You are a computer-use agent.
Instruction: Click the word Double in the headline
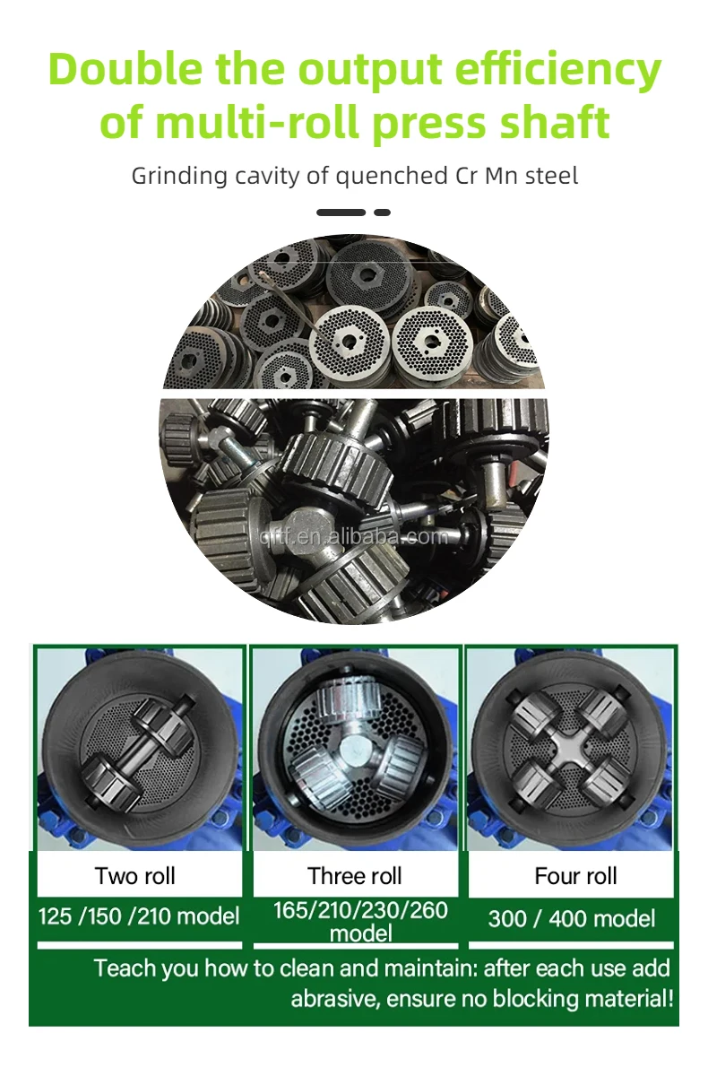pos(125,69)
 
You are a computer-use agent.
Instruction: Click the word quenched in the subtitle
pos(392,177)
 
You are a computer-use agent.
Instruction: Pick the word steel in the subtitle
pos(551,176)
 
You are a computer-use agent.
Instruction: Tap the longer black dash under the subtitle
pos(341,213)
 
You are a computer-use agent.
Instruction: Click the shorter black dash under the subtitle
pos(382,213)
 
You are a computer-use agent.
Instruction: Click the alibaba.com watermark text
pos(354,536)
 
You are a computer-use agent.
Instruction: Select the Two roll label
pos(135,876)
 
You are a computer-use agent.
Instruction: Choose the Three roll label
pos(355,876)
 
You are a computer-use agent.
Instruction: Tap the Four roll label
pos(575,876)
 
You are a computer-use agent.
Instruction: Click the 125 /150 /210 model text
pos(139,916)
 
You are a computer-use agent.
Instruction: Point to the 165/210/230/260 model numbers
pos(360,910)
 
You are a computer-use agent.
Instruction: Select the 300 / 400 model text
pos(572,918)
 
